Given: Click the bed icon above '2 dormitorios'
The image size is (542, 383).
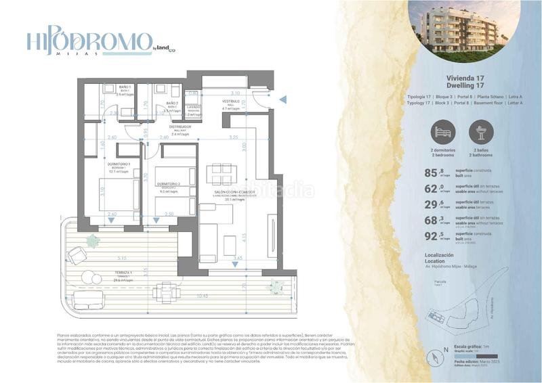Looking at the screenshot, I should (442, 131).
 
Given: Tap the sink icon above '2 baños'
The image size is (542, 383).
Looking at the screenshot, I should (481, 131).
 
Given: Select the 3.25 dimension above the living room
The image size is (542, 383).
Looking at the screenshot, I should (233, 137).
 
